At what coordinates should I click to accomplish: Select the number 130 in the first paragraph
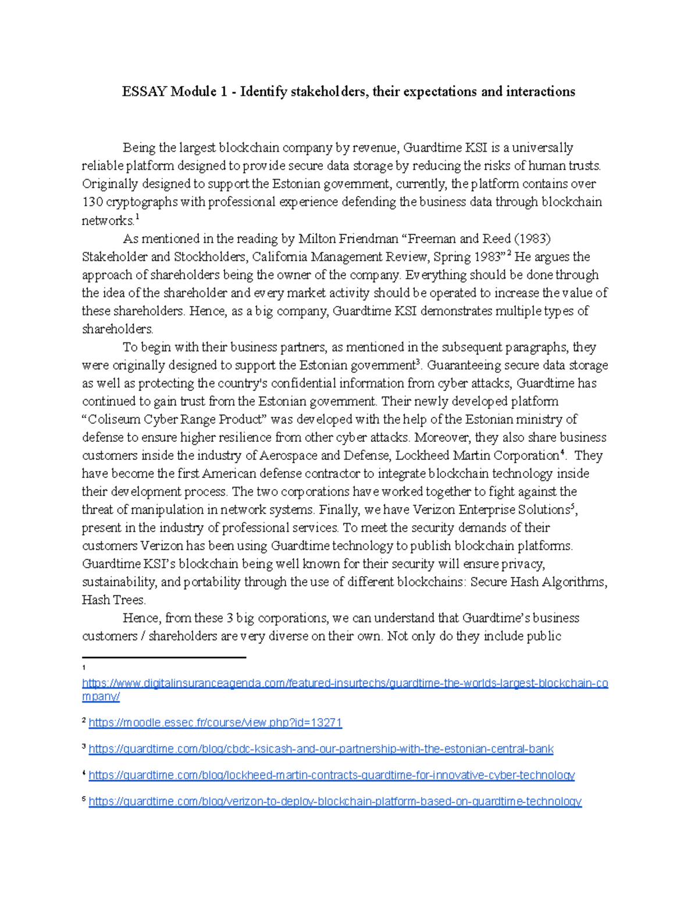point(92,202)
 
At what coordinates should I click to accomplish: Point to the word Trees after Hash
point(129,600)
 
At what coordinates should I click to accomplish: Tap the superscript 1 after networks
point(137,217)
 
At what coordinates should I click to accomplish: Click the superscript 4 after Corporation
point(562,452)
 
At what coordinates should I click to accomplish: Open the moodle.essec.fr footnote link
point(215,723)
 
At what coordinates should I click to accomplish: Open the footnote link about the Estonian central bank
point(320,749)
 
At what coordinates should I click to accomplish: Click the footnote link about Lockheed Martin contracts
point(331,775)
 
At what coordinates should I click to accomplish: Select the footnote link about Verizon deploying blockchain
point(334,801)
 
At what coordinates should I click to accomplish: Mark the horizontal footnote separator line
point(164,657)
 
